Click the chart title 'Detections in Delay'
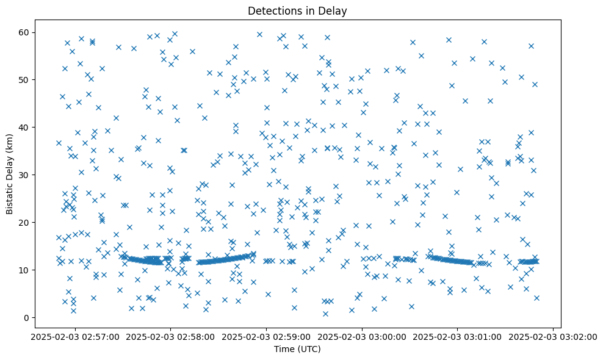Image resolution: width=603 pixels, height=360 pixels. pos(297,10)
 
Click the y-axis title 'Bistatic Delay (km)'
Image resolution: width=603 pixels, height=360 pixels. pos(10,165)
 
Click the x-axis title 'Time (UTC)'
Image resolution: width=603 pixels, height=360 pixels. pos(297,350)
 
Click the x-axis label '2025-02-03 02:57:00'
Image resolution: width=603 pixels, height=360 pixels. pos(74,336)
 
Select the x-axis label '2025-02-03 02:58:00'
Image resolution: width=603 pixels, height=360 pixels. pos(170,336)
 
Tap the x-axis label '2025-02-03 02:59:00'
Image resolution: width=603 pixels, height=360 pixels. pos(266,336)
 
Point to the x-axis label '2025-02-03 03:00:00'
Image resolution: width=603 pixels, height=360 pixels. pos(362,336)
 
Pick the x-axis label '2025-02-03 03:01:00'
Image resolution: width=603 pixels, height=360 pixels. pos(458,336)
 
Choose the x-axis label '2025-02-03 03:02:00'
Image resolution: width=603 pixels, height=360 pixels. pos(553,336)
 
